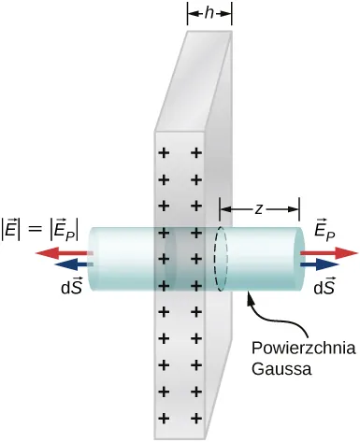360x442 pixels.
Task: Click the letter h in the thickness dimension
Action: tap(209, 12)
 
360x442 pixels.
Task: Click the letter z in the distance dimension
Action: tap(258, 209)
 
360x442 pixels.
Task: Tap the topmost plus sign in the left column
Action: tap(165, 151)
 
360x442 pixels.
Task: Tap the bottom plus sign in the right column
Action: tap(196, 418)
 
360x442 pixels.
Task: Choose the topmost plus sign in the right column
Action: tap(196, 151)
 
